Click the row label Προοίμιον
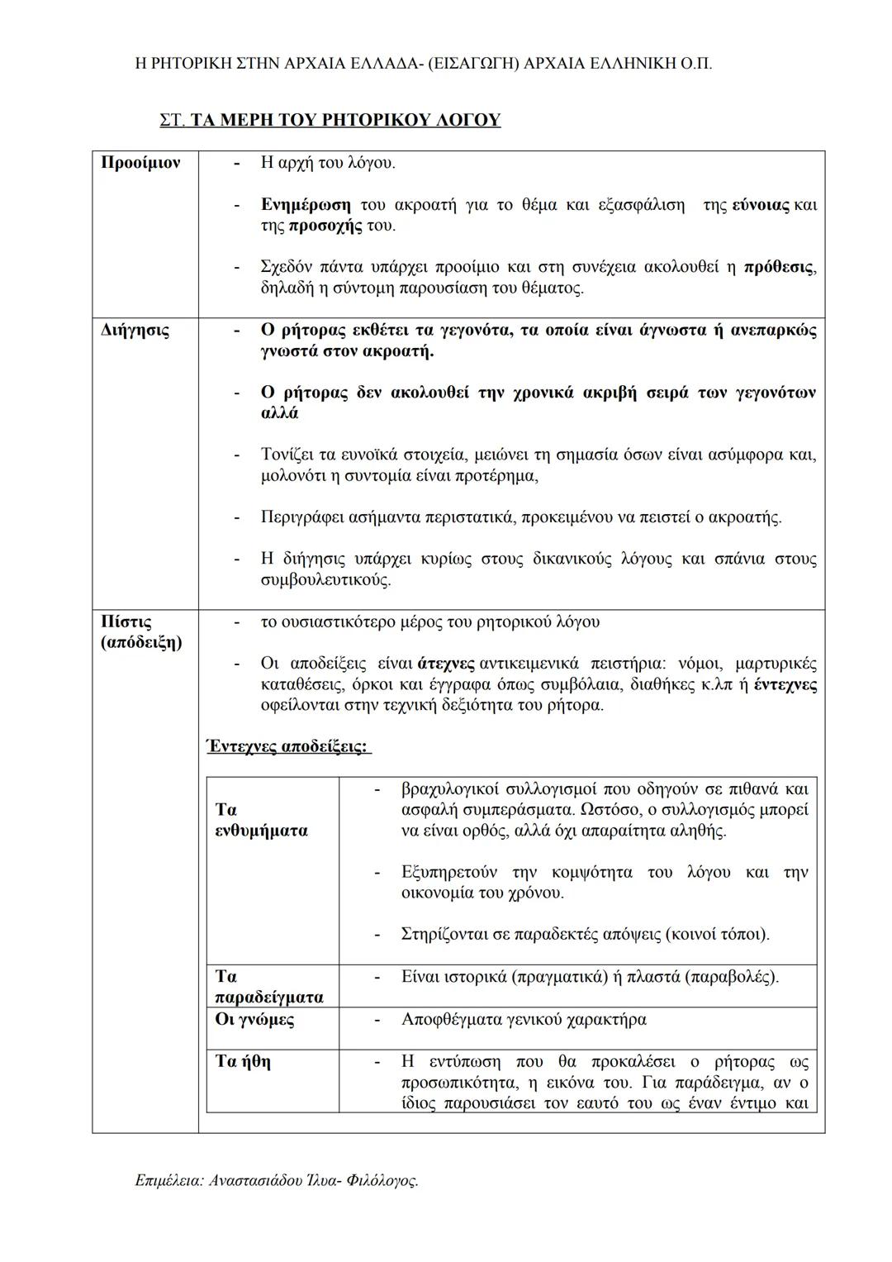tap(140, 163)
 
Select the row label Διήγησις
tap(135, 331)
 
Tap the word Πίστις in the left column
tap(126, 621)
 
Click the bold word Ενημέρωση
tap(305, 205)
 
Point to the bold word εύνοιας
tap(761, 205)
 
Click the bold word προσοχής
tap(325, 226)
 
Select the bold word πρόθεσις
tap(779, 268)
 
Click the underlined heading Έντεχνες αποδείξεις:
tap(287, 746)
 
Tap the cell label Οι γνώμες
tap(254, 1019)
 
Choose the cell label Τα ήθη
tap(243, 1061)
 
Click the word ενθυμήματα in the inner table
tap(261, 831)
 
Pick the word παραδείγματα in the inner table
tap(269, 998)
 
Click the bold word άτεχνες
tap(446, 664)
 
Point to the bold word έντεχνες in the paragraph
tap(785, 685)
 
